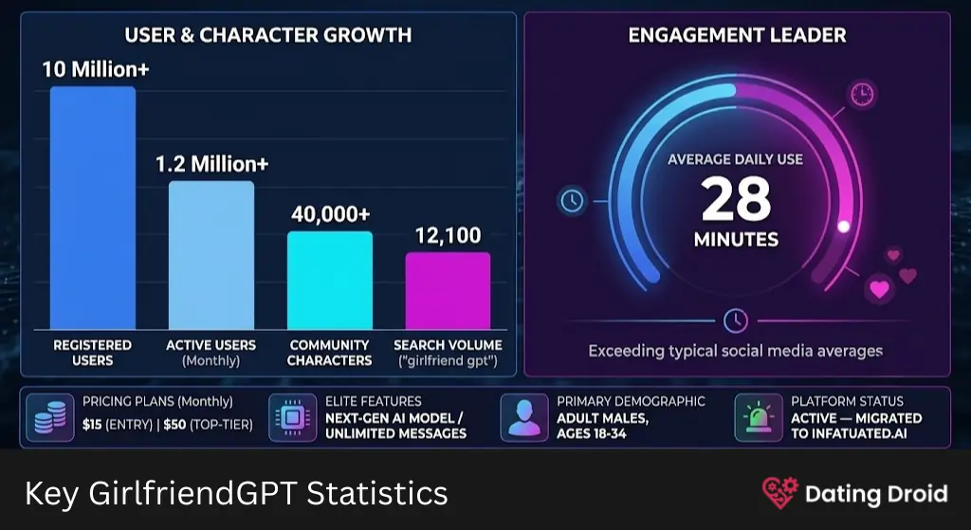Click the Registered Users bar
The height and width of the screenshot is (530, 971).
pyautogui.click(x=93, y=208)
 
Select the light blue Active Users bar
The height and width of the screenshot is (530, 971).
pyautogui.click(x=211, y=255)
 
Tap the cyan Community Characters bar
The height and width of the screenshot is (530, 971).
pyautogui.click(x=330, y=281)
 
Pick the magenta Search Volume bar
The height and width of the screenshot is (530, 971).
pyautogui.click(x=449, y=290)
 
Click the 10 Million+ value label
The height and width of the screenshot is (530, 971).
pyautogui.click(x=96, y=69)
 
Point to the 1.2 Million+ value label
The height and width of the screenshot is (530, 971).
pyautogui.click(x=211, y=164)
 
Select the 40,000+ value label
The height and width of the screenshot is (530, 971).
pyautogui.click(x=331, y=214)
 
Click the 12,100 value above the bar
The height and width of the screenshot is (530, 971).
pyautogui.click(x=448, y=235)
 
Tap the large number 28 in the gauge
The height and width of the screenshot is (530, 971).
pyautogui.click(x=736, y=199)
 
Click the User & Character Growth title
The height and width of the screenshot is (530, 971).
pyautogui.click(x=268, y=35)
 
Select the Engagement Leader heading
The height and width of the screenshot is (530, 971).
pyautogui.click(x=737, y=35)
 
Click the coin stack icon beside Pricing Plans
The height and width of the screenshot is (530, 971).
pyautogui.click(x=50, y=417)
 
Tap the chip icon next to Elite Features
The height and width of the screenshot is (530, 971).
pyautogui.click(x=292, y=417)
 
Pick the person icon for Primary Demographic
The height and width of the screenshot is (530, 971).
pyautogui.click(x=523, y=417)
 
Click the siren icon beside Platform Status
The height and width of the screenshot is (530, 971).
pyautogui.click(x=758, y=417)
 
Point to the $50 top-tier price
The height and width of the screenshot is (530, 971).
pyautogui.click(x=174, y=425)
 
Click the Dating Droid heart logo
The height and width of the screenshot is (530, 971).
pyautogui.click(x=780, y=493)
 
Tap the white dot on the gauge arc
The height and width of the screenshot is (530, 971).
pyautogui.click(x=843, y=227)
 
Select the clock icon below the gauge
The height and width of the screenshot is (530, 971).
pyautogui.click(x=736, y=320)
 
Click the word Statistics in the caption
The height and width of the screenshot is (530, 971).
pyautogui.click(x=377, y=493)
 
